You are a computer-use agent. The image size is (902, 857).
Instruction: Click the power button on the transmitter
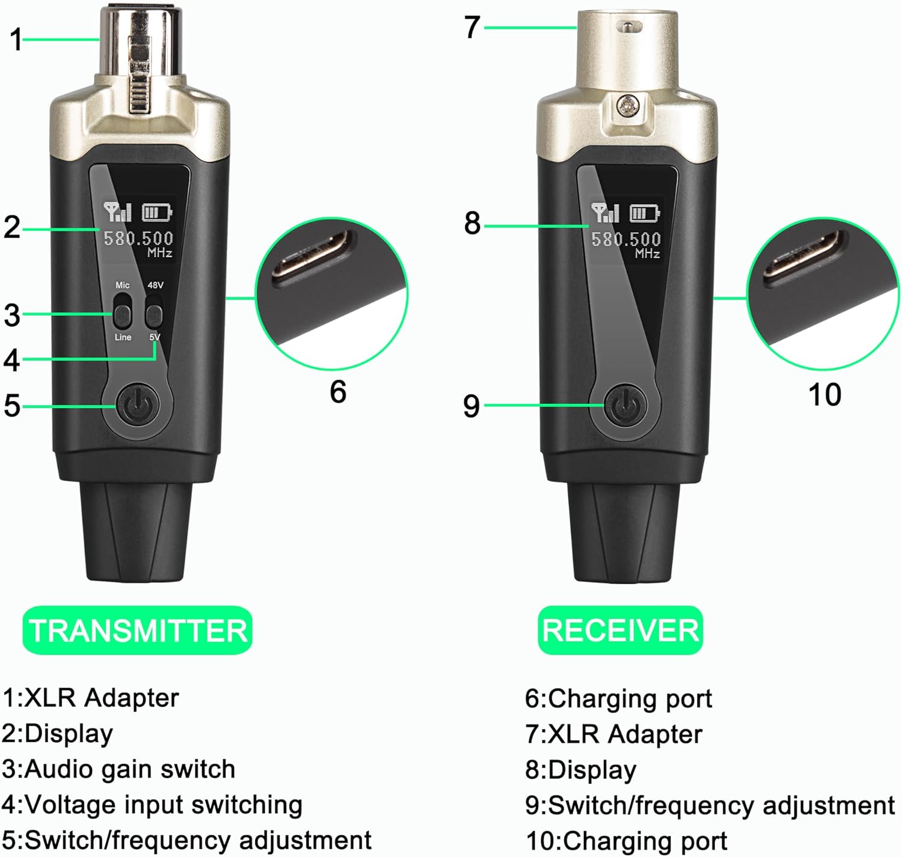click(138, 407)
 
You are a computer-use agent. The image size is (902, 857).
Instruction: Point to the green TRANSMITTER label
click(137, 630)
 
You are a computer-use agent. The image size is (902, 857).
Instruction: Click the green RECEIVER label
click(620, 630)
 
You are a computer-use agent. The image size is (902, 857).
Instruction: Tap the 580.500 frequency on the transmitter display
click(138, 239)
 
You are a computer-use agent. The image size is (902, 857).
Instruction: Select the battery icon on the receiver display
click(645, 213)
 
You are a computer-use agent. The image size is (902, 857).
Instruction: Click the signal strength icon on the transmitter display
click(117, 212)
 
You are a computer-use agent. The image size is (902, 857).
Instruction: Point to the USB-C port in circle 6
click(315, 256)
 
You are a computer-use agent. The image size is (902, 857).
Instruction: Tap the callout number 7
click(472, 27)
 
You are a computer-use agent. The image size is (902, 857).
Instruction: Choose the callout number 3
click(12, 315)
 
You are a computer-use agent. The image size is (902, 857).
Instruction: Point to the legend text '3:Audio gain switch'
click(118, 769)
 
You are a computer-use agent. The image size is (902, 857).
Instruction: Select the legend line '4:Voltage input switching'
click(152, 805)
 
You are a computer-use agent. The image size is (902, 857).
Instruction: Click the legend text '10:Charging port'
click(627, 841)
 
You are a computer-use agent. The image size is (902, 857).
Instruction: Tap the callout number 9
click(471, 406)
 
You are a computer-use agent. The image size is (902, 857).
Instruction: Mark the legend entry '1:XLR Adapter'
click(90, 698)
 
